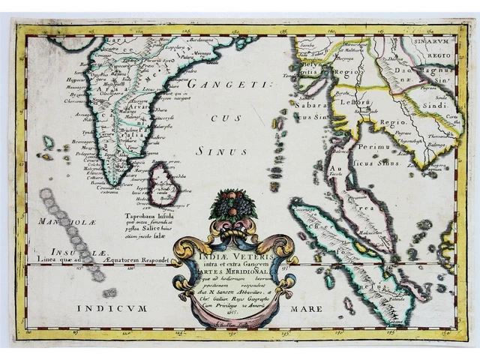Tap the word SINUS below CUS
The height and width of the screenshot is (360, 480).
pos(211,151)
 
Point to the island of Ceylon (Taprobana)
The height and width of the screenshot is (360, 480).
pos(162,184)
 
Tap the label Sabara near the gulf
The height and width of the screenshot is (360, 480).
pos(307,106)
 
